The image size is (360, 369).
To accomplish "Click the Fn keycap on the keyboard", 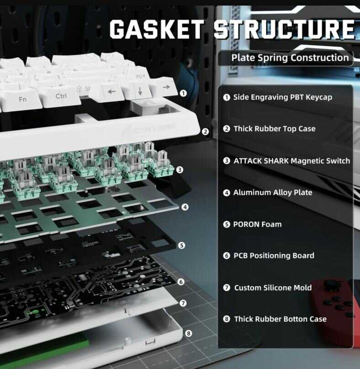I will (x=23, y=99).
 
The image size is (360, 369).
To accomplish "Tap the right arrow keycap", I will (x=166, y=87).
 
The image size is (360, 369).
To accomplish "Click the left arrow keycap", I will (x=111, y=91).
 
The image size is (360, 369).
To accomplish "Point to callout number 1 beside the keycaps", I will (x=183, y=93).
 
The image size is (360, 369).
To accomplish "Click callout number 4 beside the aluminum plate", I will (x=185, y=207).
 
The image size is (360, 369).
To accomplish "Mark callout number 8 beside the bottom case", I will (x=189, y=333).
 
